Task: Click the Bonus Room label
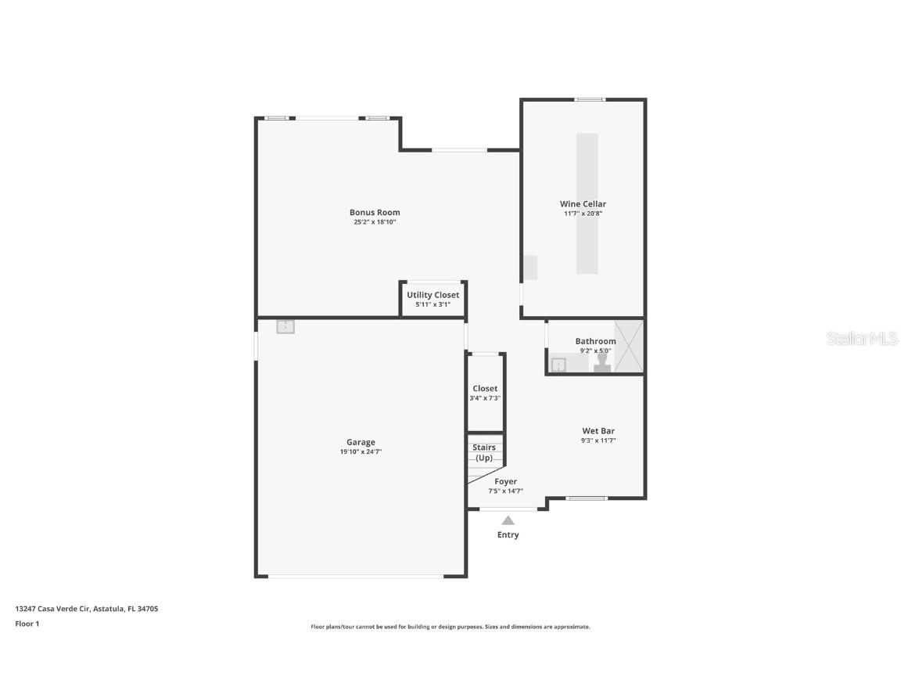click(x=375, y=212)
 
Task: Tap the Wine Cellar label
click(x=583, y=204)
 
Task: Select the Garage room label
click(x=361, y=442)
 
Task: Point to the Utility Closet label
click(x=433, y=295)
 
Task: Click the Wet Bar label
click(x=603, y=431)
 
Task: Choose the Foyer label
click(x=505, y=482)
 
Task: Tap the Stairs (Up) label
click(x=484, y=452)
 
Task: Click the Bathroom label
click(x=595, y=341)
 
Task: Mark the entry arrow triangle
click(x=508, y=520)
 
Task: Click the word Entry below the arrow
click(x=508, y=535)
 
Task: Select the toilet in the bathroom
click(x=602, y=364)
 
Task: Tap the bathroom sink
click(x=558, y=365)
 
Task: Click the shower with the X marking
click(x=628, y=346)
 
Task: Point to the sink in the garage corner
click(x=285, y=327)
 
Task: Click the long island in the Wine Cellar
click(x=587, y=203)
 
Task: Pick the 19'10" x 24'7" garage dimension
click(x=361, y=451)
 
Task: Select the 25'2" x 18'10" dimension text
click(x=375, y=222)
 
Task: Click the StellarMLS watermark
click(x=862, y=339)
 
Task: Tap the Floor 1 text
click(x=27, y=624)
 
